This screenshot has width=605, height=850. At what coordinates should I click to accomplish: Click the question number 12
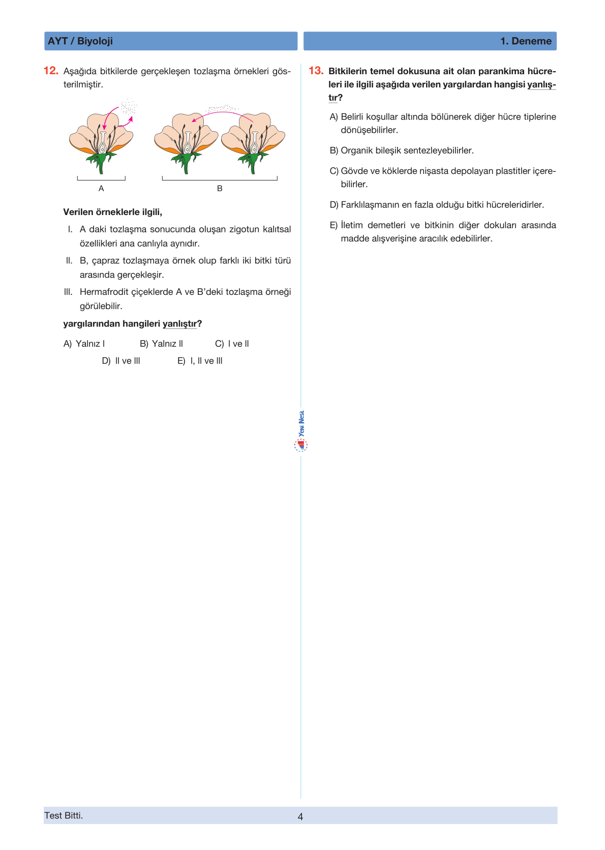point(51,71)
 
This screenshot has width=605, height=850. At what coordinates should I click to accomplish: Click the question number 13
point(316,71)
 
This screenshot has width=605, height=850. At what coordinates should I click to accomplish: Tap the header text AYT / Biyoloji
point(80,41)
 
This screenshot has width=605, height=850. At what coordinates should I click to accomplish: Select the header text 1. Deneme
point(526,41)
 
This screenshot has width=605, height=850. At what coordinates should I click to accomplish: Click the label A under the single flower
point(101,189)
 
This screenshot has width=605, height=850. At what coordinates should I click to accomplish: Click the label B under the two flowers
point(220,189)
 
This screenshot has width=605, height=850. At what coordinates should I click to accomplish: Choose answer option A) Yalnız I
point(84,344)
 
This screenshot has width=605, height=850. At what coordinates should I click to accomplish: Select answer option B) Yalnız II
point(161,344)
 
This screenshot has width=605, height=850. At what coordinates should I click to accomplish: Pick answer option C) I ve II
point(232,344)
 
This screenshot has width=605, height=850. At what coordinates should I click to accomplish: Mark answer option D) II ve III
point(121,361)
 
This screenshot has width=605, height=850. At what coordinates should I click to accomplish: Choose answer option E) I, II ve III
point(200,361)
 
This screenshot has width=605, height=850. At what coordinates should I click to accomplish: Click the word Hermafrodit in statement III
point(104,292)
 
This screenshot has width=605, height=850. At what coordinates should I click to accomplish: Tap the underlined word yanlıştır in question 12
point(179,324)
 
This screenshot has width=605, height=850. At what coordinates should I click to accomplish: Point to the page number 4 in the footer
point(300,816)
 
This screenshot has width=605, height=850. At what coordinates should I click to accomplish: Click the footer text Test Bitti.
point(64,815)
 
